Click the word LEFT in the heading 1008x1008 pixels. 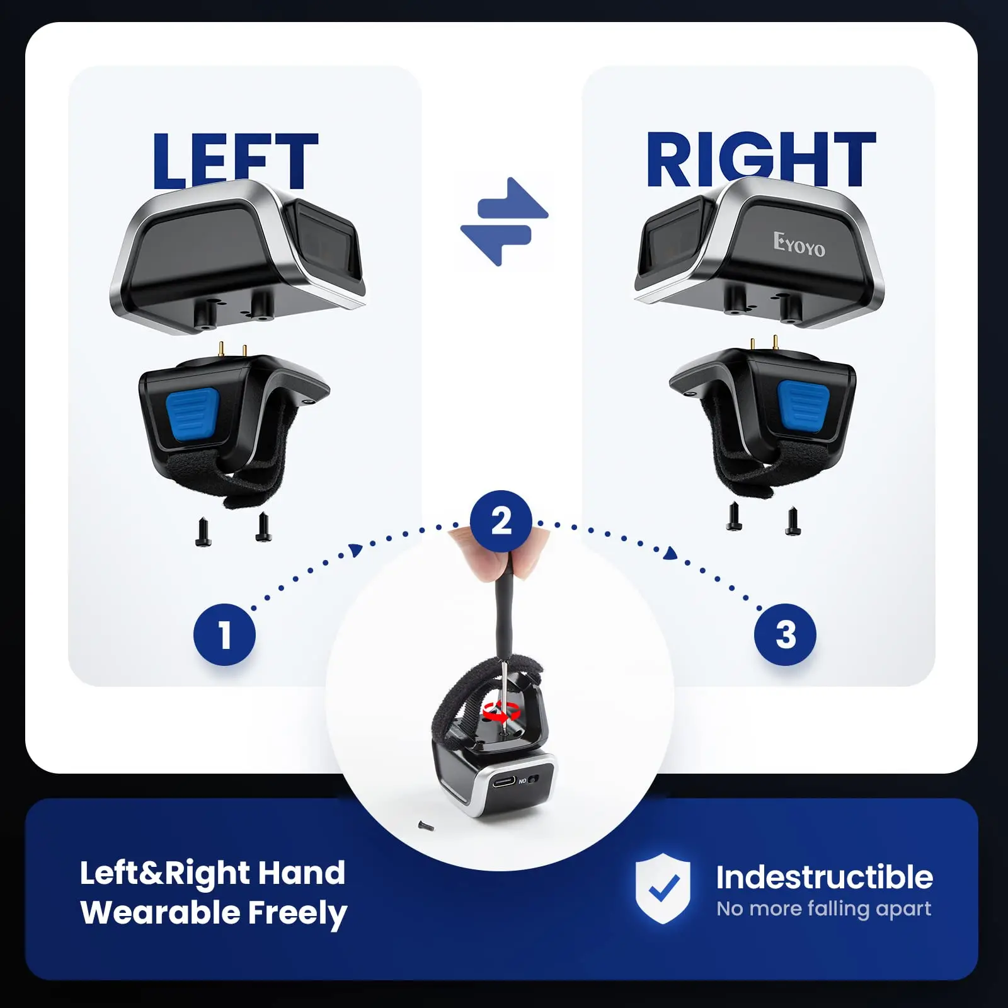(234, 160)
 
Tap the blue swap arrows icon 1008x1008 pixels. (504, 221)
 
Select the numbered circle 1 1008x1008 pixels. (224, 634)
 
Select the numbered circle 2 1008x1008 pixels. (501, 521)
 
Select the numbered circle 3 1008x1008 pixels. (785, 634)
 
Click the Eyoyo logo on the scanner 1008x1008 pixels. (799, 244)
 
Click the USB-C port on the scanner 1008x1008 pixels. (503, 781)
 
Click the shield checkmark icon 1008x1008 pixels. (663, 888)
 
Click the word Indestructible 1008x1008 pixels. (824, 877)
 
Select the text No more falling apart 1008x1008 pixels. (823, 908)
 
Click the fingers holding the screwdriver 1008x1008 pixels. (498, 554)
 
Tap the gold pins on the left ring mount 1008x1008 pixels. (232, 350)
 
